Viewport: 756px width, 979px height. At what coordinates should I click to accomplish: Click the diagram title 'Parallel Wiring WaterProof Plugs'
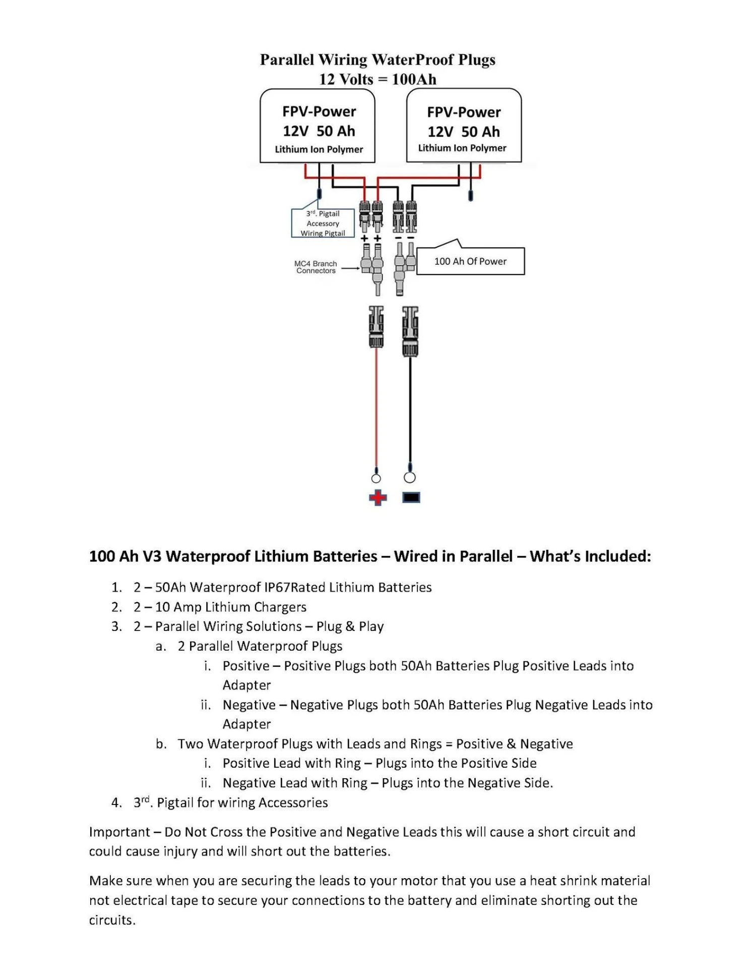[377, 60]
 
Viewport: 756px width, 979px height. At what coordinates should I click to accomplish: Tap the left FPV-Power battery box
[318, 126]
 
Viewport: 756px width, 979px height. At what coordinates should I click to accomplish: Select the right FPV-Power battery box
[464, 126]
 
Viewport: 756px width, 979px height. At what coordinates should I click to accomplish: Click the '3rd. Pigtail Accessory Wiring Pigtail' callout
[323, 223]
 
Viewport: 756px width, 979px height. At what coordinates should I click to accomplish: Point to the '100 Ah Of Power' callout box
[470, 261]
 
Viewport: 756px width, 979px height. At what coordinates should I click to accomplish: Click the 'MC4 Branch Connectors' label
[316, 267]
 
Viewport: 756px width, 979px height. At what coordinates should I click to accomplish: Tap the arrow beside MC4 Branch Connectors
[351, 268]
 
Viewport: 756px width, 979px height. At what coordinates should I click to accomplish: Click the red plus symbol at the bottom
[377, 498]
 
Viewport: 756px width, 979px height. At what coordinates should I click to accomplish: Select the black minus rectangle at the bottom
[411, 498]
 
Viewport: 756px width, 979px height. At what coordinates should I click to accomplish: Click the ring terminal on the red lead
[376, 478]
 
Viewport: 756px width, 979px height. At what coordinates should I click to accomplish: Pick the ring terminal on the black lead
[410, 477]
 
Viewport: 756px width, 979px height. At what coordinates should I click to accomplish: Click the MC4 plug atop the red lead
[376, 326]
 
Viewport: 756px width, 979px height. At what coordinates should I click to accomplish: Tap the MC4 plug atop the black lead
[410, 331]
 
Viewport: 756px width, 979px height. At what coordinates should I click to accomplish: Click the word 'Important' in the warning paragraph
[119, 832]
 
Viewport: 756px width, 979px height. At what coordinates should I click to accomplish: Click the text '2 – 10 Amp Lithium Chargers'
[220, 607]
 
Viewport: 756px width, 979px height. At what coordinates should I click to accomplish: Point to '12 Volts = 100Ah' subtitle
[377, 79]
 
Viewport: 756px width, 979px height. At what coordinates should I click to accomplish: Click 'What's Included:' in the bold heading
[590, 556]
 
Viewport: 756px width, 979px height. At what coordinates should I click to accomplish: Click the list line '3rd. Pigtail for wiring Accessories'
[230, 802]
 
